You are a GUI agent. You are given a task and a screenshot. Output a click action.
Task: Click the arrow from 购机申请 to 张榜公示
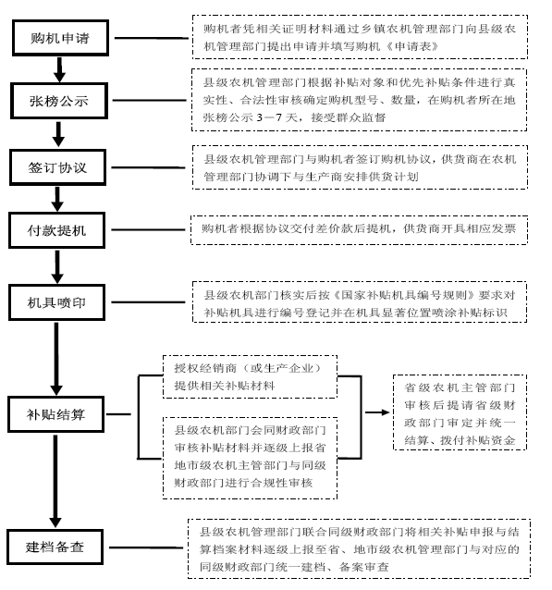pos(59,69)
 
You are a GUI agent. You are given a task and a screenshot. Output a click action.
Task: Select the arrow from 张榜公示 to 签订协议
pos(58,134)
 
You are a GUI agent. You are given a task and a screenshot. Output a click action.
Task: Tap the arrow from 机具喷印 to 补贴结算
pos(56,358)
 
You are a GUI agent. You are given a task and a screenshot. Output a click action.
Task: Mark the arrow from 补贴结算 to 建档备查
pos(55,481)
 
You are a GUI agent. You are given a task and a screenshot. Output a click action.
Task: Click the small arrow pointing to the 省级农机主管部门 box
pos(377,412)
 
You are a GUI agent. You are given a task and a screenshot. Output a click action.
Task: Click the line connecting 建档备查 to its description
pos(146,547)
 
